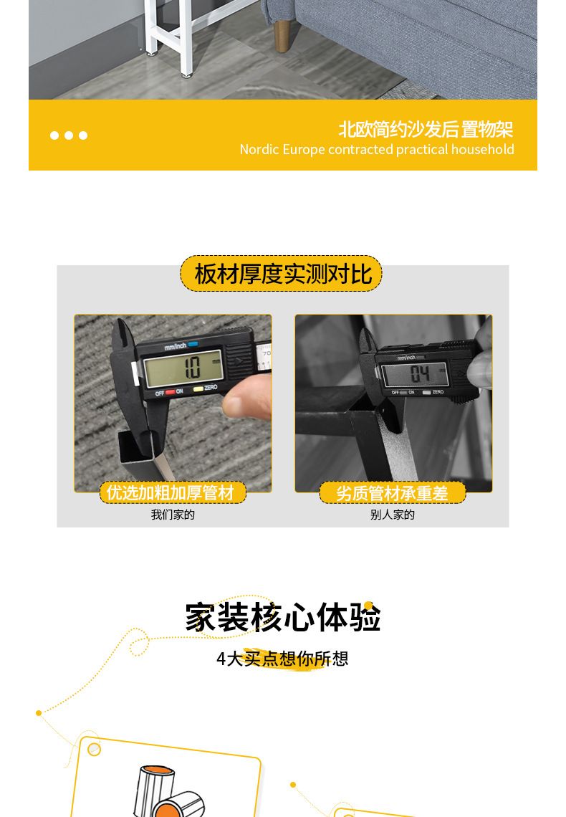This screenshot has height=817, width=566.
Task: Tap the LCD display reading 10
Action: pos(183,367)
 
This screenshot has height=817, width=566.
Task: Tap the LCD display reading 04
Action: pos(415,373)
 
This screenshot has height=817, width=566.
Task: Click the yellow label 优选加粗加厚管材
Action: pos(173,492)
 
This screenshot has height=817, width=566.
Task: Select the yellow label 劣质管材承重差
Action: pos(392,492)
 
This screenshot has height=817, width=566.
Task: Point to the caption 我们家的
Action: pos(173,515)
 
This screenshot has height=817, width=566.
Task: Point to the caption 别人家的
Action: pos(392,515)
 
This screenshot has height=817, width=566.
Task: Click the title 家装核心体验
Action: pos(283,617)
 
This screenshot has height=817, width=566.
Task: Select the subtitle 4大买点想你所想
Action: pos(282,659)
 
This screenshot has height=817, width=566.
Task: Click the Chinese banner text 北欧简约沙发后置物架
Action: pos(426,129)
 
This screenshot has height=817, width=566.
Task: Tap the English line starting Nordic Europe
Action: pos(376,150)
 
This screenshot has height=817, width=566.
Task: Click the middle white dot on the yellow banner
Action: pos(69,135)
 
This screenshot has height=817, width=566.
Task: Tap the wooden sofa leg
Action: pos(281,36)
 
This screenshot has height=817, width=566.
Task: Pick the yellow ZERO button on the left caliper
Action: pos(198,388)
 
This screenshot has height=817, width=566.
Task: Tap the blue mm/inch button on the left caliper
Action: pos(193,344)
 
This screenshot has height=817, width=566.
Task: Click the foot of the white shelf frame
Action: pos(185,75)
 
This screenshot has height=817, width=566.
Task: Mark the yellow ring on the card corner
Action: pos(95,749)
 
